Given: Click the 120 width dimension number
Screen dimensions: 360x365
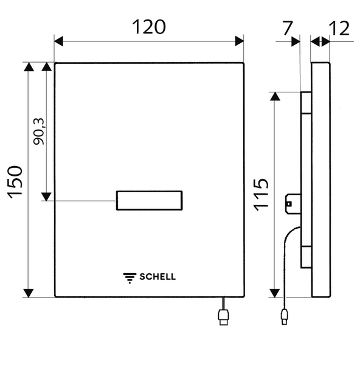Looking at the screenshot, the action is (149, 27).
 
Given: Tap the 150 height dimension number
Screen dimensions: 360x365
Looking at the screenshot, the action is (15, 182).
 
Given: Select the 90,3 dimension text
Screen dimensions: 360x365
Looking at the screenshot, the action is (38, 131).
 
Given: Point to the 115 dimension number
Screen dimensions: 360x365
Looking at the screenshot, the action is (261, 195).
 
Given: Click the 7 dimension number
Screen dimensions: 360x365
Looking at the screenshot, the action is (288, 28).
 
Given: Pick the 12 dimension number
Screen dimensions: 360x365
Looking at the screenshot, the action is (339, 29).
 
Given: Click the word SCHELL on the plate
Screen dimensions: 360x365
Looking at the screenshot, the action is (157, 277).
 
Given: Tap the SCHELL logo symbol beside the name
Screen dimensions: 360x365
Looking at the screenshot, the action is (130, 278).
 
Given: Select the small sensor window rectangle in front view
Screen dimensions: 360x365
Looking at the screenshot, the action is (149, 200).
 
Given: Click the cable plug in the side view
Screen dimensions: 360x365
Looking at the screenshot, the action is (285, 316).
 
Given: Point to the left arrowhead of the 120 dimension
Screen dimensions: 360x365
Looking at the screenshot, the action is (58, 41).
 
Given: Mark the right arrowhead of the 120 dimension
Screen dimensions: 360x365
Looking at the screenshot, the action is (240, 41).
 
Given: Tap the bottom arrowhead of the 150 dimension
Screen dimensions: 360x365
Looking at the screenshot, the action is (29, 293).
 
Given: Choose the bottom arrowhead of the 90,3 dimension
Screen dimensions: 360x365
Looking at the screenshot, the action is (46, 196).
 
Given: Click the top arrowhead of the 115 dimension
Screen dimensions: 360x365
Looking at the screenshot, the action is (275, 96).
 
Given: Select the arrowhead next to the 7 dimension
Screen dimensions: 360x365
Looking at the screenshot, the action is (296, 41).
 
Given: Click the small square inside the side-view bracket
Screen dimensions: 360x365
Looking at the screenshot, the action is (289, 204).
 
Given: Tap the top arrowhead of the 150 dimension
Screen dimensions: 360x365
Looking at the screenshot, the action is (29, 66).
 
